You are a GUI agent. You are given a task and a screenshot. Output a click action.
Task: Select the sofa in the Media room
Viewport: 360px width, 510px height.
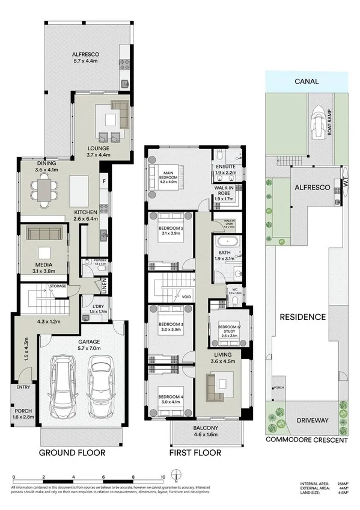(44, 233)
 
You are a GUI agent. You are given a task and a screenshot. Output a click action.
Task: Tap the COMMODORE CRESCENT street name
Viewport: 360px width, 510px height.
(307, 440)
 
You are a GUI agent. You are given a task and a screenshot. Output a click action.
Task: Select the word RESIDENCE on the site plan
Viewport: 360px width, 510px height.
(306, 317)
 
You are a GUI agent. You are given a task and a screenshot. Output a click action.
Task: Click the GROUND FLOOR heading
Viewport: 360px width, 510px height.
(72, 452)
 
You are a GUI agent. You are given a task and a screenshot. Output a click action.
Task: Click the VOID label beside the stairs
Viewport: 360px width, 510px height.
(186, 296)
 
